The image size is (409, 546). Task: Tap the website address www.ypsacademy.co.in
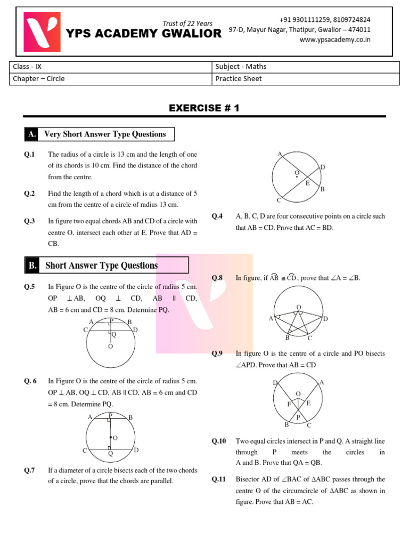pyautogui.click(x=335, y=39)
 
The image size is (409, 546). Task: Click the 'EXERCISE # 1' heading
pyautogui.click(x=204, y=108)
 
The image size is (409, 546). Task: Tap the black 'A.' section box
pyautogui.click(x=31, y=134)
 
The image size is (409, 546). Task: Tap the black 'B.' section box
pyautogui.click(x=31, y=266)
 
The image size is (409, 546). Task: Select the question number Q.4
pyautogui.click(x=217, y=216)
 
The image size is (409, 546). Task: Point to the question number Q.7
pyautogui.click(x=29, y=471)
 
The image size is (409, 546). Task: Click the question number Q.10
pyautogui.click(x=219, y=441)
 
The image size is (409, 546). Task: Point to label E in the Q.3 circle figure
pyautogui.click(x=307, y=183)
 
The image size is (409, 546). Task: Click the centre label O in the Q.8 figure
pyautogui.click(x=299, y=307)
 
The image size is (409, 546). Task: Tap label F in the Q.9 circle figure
pyautogui.click(x=289, y=404)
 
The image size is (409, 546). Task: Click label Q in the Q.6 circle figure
pyautogui.click(x=110, y=454)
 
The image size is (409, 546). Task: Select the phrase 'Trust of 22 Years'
pyautogui.click(x=187, y=23)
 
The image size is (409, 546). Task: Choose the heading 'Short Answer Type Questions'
pyautogui.click(x=102, y=266)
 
